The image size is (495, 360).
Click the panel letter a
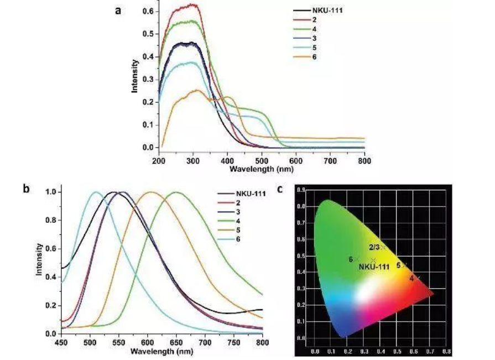[x=118, y=9]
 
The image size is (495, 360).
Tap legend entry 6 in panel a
[x=314, y=57]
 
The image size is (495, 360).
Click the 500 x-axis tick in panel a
[x=262, y=161]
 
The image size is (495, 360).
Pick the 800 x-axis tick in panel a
[x=364, y=161]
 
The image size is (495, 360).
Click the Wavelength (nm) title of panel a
[x=261, y=168]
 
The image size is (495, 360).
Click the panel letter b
[x=27, y=188]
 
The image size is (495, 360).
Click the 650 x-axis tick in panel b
[x=176, y=343]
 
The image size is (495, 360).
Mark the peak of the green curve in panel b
[x=176, y=192]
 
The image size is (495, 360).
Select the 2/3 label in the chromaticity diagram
[x=374, y=247]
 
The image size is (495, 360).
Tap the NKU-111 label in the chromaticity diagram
[x=374, y=267]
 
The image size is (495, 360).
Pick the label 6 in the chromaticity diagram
[x=351, y=259]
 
